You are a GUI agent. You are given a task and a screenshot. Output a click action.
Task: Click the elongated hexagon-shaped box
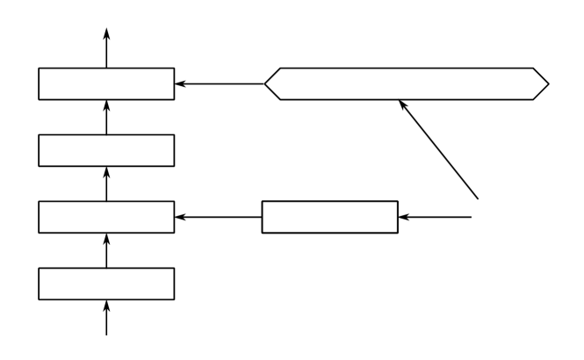click(x=407, y=84)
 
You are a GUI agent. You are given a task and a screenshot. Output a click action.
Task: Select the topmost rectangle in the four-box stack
click(x=106, y=84)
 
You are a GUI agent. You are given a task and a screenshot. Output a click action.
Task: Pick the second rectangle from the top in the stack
click(x=106, y=150)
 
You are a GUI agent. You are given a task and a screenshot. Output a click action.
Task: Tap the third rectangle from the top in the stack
click(x=106, y=216)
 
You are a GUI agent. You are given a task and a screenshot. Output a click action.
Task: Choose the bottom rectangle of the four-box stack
click(x=106, y=283)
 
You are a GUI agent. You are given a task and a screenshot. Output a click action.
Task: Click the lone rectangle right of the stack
click(x=330, y=216)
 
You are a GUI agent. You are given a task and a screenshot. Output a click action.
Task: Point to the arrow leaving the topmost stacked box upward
click(x=106, y=48)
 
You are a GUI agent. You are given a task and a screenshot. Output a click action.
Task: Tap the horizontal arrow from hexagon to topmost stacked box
click(x=220, y=84)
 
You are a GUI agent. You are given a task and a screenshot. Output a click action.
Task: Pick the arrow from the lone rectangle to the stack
click(x=219, y=216)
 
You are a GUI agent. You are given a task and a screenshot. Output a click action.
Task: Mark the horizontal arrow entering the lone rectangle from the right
click(x=436, y=216)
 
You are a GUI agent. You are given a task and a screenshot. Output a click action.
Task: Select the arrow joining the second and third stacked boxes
click(x=106, y=184)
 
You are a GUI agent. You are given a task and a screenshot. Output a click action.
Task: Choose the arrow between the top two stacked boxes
click(x=106, y=118)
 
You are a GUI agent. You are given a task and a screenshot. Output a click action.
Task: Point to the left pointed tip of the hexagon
click(x=266, y=84)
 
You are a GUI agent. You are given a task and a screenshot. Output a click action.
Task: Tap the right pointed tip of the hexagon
click(x=547, y=84)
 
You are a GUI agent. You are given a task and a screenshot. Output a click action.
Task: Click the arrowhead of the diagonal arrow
click(x=402, y=105)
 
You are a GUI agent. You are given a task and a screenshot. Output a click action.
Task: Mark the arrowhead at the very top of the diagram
click(x=106, y=33)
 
